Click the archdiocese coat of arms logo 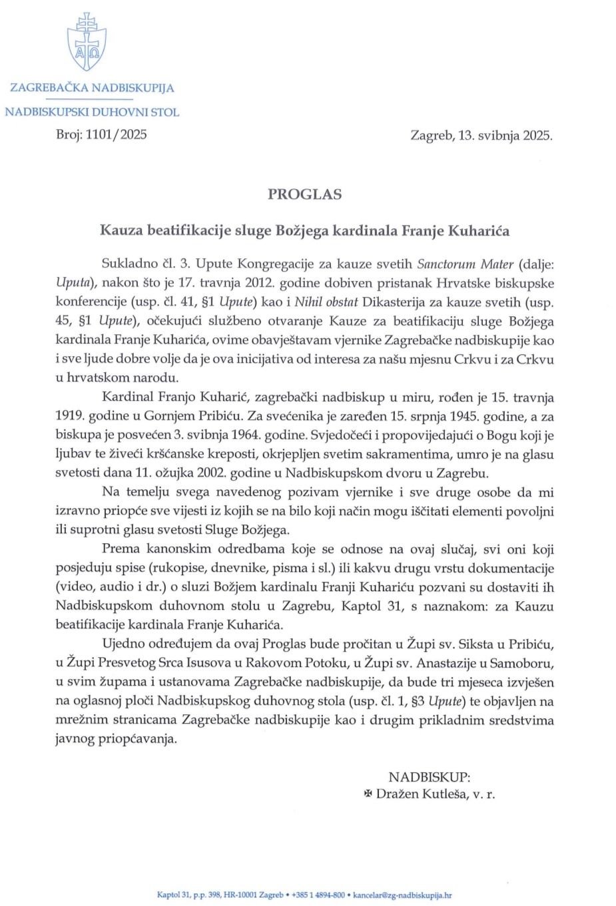pos(87,41)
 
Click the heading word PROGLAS pos(304,194)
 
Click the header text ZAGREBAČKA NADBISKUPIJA pos(92,88)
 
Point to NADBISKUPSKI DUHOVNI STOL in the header pos(92,113)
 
